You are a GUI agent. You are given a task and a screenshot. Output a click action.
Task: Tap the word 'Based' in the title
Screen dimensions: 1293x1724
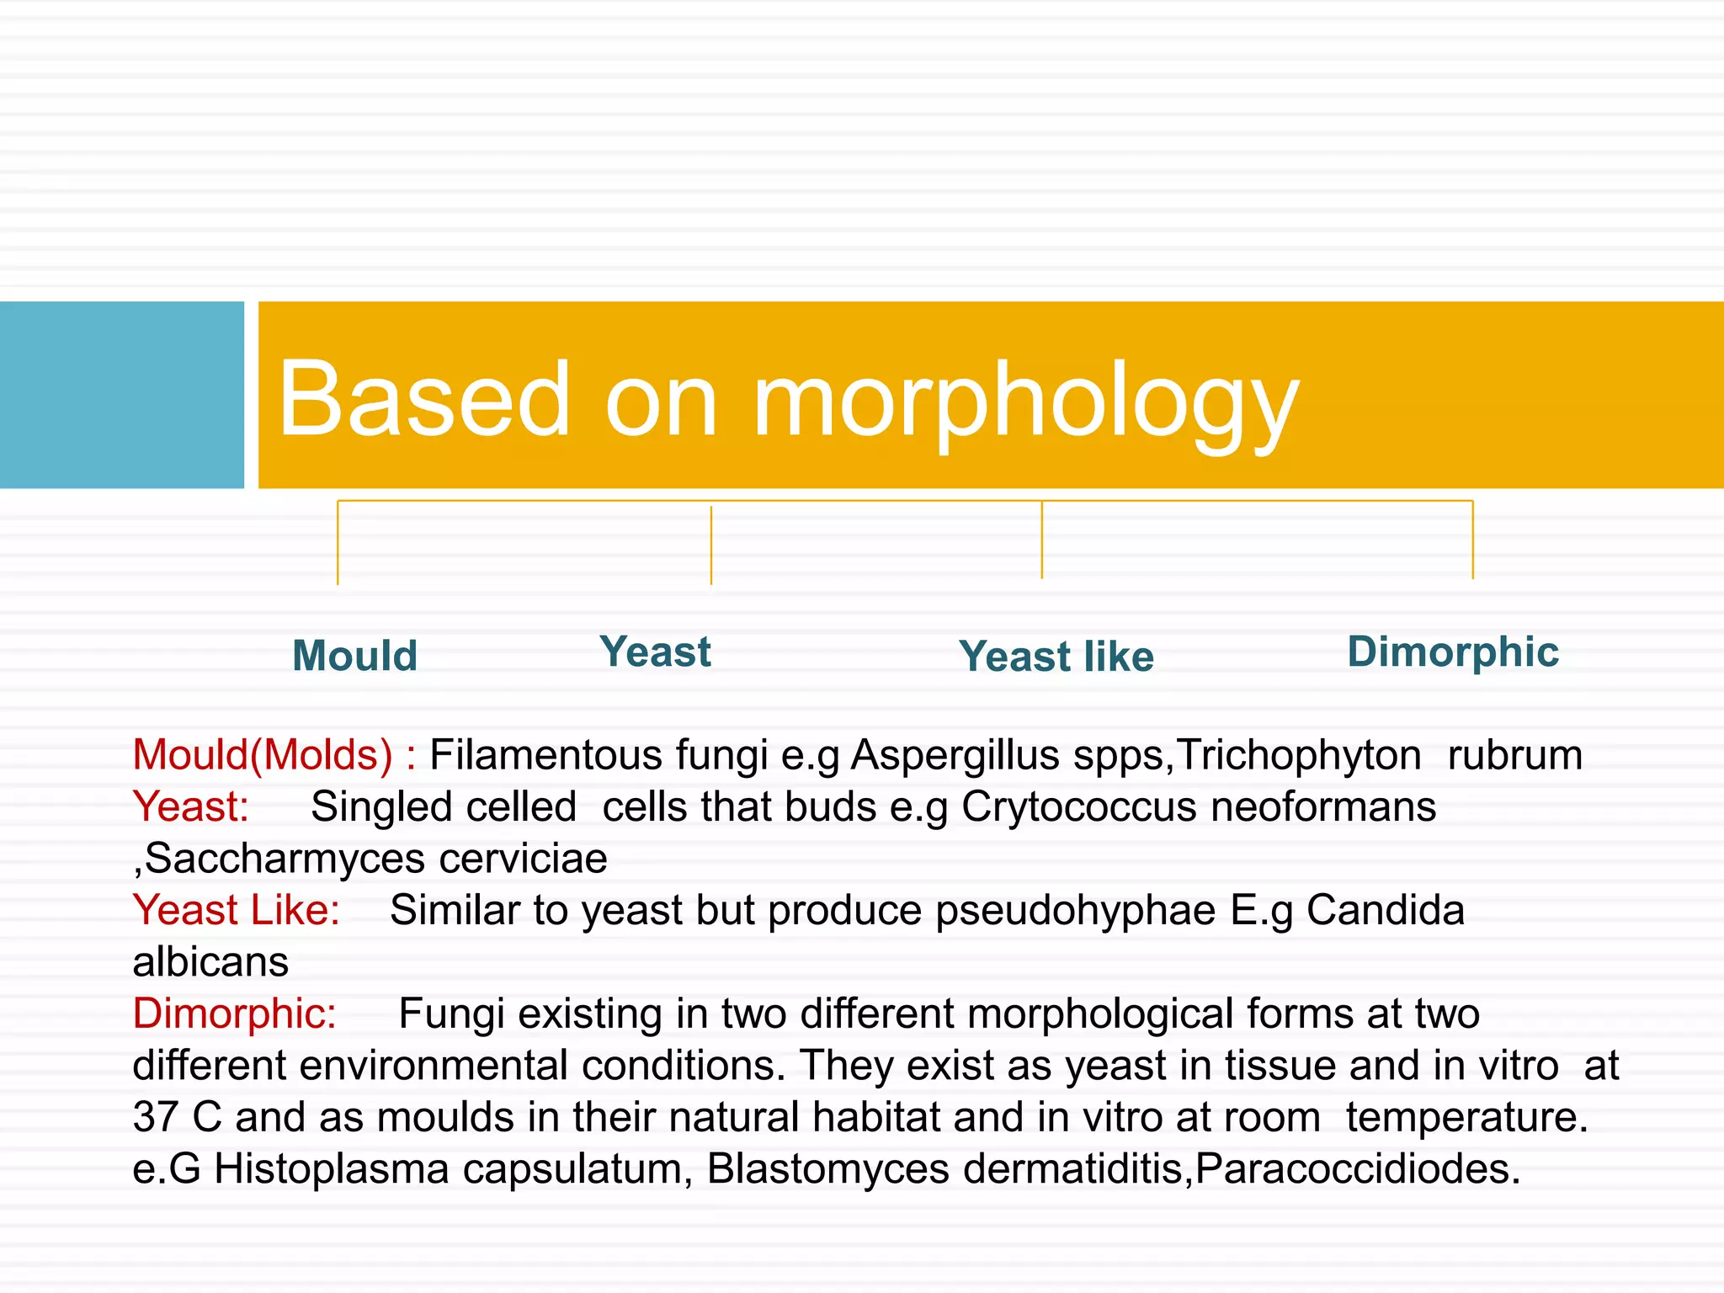[x=425, y=399]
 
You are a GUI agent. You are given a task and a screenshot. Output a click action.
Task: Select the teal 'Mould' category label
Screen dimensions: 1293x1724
[x=354, y=656]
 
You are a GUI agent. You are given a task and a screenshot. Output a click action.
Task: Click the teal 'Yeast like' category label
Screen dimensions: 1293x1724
[x=1056, y=657]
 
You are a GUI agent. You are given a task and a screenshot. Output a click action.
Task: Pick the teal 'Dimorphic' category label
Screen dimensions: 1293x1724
[x=1453, y=652]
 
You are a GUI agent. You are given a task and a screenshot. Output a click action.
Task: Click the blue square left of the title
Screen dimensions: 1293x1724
[x=121, y=395]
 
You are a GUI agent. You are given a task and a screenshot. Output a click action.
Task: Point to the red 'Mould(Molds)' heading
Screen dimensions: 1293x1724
[x=263, y=755]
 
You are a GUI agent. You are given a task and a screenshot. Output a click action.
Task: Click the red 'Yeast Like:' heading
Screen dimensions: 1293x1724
[x=237, y=911]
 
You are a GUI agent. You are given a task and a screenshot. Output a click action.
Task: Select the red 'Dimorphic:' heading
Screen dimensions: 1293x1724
[x=234, y=1014]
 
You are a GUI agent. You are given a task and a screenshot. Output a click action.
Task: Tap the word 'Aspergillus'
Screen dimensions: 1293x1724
[x=955, y=755]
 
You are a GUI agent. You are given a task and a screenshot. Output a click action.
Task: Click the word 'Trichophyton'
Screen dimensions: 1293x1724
[x=1299, y=755]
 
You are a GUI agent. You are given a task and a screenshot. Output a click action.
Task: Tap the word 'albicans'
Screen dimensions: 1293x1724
[x=210, y=962]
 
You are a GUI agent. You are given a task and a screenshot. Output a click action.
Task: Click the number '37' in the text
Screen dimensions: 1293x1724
[x=156, y=1117]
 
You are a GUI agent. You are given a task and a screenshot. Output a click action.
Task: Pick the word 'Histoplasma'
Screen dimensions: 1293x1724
[x=332, y=1169]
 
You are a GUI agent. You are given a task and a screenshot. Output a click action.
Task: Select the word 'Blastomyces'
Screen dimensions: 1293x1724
[x=828, y=1169]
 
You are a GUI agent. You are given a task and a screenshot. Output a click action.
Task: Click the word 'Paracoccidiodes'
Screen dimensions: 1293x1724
[x=1357, y=1169]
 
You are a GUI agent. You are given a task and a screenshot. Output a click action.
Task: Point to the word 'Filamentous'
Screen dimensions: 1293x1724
[x=599, y=755]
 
